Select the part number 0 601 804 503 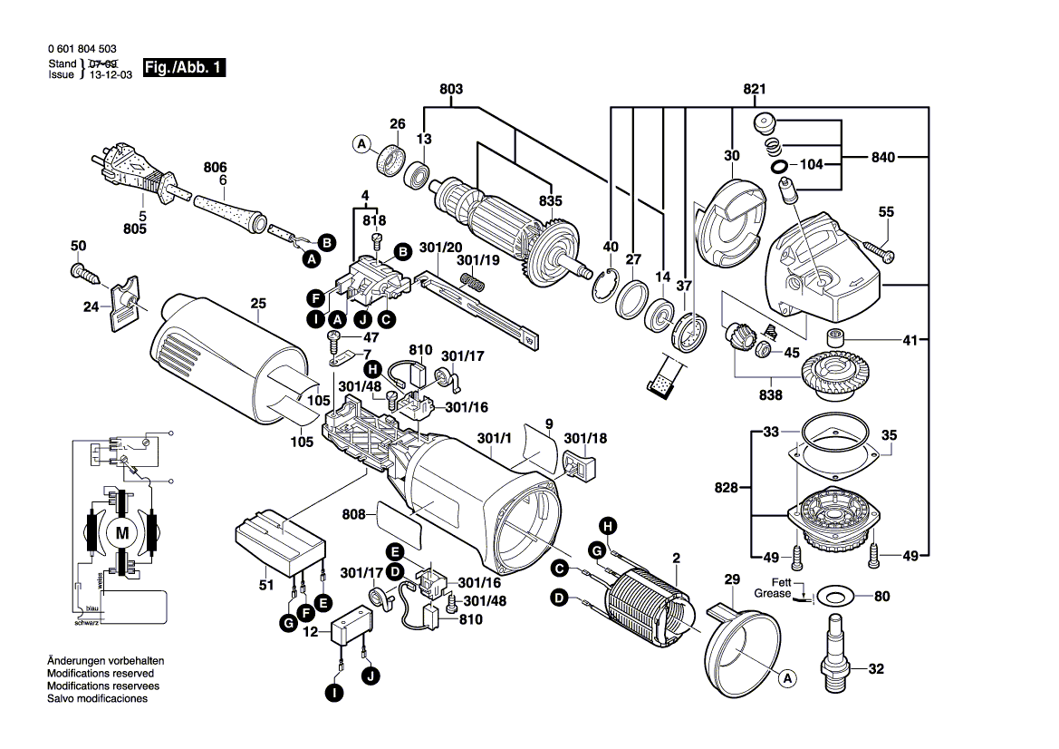click(80, 50)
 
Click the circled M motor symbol click(121, 533)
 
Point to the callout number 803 click(451, 89)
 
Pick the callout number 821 click(755, 89)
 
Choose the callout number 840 click(883, 158)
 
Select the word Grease click(772, 593)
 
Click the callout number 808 click(353, 515)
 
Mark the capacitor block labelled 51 click(279, 546)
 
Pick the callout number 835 click(550, 200)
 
